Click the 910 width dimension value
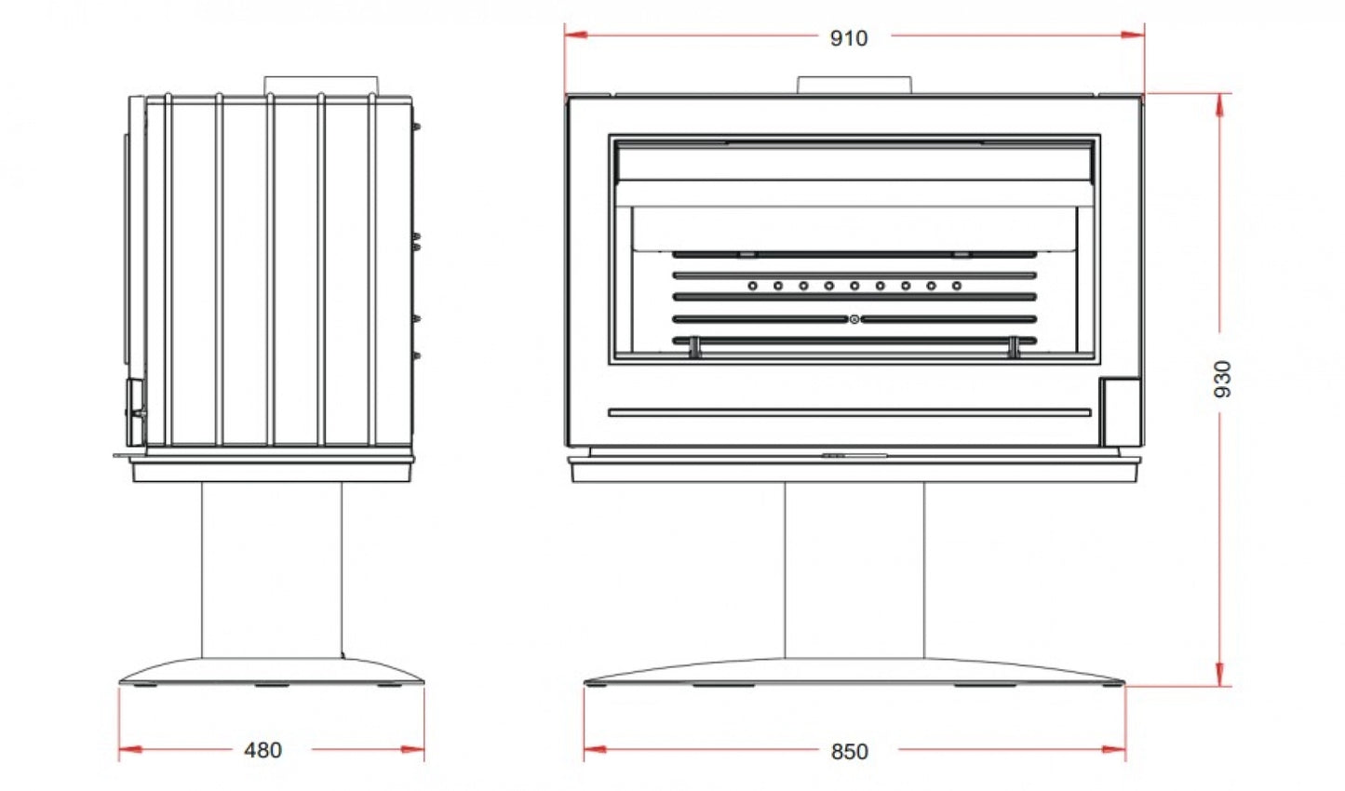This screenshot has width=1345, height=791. click(x=849, y=38)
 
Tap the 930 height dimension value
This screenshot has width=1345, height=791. click(x=1222, y=379)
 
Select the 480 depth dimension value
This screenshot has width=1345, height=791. click(x=263, y=750)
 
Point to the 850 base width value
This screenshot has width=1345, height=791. click(x=850, y=751)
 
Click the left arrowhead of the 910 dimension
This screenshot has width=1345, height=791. click(x=576, y=34)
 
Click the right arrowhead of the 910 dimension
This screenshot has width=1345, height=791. click(x=1133, y=34)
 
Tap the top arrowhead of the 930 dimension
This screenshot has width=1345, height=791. click(x=1219, y=105)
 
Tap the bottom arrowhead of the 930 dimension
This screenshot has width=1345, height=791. click(x=1219, y=675)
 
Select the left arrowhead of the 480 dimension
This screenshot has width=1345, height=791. click(x=130, y=749)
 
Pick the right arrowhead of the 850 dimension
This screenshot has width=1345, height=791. click(x=1114, y=749)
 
